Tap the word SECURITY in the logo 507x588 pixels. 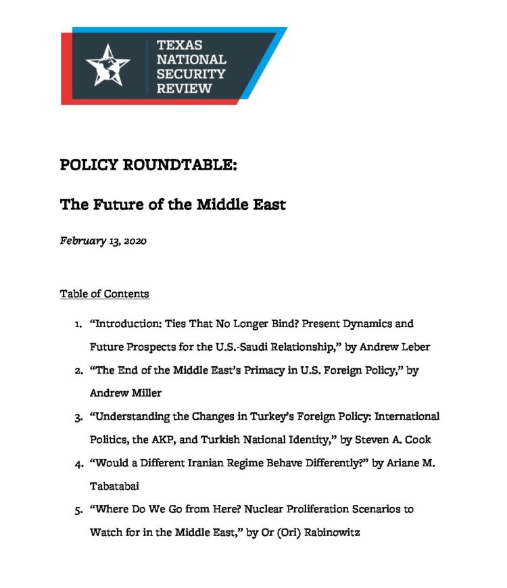(x=191, y=74)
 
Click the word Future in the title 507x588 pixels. (x=114, y=204)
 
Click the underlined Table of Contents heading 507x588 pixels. (x=104, y=294)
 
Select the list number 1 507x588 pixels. (x=78, y=325)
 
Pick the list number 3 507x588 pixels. (x=78, y=417)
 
